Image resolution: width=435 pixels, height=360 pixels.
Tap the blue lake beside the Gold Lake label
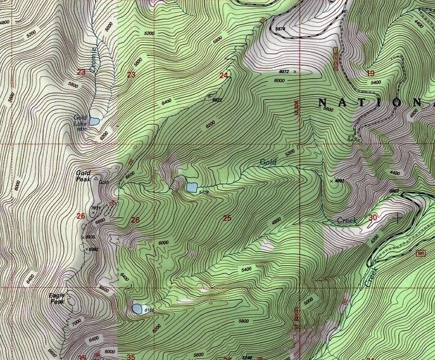94,120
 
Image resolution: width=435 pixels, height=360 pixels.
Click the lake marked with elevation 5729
191,187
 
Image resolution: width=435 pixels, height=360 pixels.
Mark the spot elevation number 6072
284,72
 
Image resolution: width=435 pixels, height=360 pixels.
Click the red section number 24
224,75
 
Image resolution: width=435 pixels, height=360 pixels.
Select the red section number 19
370,73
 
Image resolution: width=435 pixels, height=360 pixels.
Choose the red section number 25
226,218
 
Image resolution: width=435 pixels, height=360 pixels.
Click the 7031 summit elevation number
96,209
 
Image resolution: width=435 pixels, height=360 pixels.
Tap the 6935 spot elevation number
90,237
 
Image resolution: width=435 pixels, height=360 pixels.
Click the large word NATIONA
375,103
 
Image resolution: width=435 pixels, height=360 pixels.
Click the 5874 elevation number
281,29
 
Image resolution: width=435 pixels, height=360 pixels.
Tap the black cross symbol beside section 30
398,218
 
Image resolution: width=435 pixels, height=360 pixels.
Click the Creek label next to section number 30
347,221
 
